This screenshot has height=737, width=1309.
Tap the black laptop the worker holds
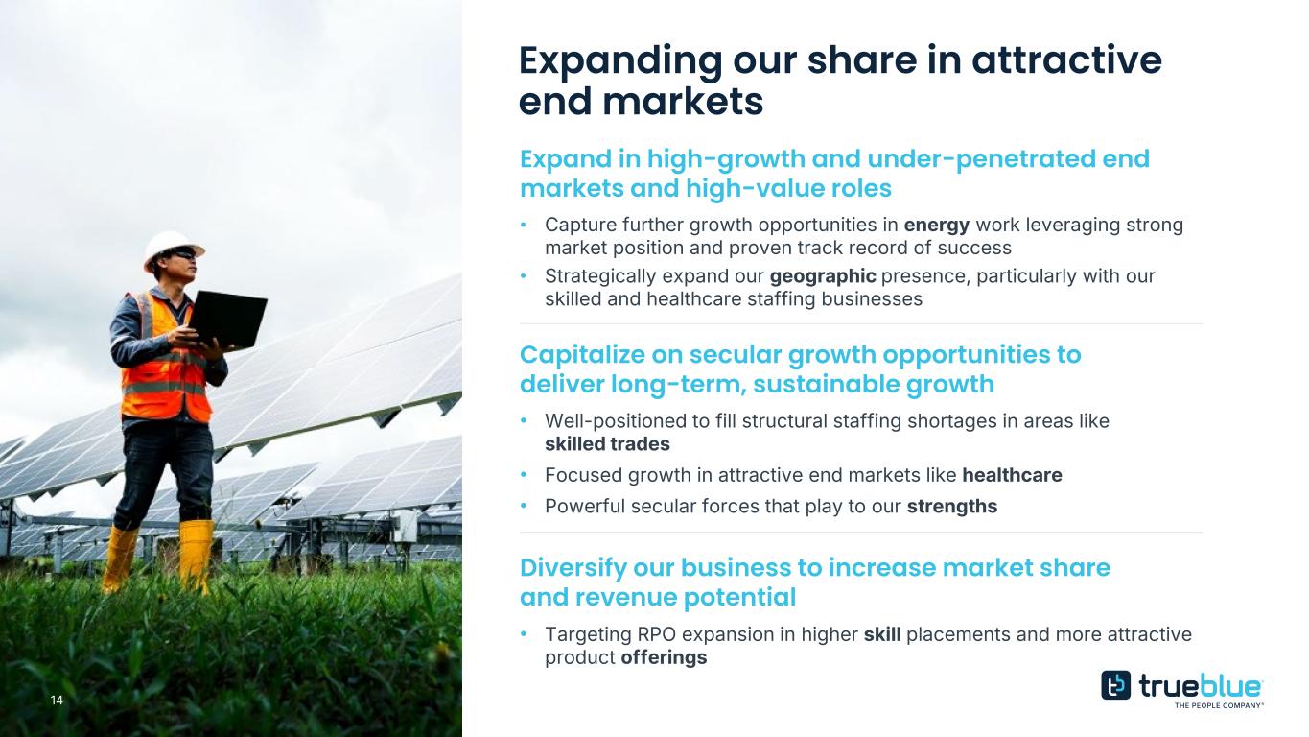tap(228, 319)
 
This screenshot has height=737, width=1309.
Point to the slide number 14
tap(57, 701)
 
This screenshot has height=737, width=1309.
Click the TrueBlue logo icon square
tap(1115, 685)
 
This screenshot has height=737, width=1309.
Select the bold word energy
tap(937, 225)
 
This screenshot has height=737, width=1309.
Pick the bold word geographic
tap(823, 276)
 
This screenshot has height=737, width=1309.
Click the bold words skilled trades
tap(607, 444)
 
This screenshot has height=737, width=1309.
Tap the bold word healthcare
tap(1012, 475)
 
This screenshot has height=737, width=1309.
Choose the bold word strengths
tap(952, 506)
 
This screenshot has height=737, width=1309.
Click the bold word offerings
tap(664, 657)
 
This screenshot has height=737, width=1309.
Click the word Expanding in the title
tap(620, 60)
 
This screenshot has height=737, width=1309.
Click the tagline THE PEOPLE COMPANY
tap(1219, 705)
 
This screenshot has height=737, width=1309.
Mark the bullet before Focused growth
tap(524, 475)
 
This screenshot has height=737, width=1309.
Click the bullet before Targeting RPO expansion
tap(524, 633)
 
